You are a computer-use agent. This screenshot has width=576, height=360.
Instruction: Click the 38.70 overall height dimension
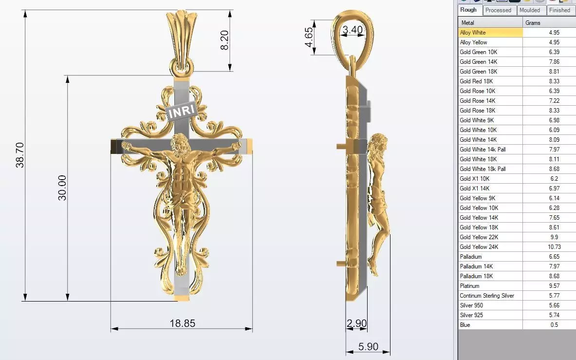click(20, 155)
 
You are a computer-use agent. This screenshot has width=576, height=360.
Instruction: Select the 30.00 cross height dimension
click(62, 188)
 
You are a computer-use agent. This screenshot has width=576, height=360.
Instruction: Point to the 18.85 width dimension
click(182, 323)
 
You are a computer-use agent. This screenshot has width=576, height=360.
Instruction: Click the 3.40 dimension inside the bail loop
click(353, 30)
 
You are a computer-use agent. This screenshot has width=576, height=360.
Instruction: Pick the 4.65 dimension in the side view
click(309, 37)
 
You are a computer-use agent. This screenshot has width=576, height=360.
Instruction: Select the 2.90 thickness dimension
click(356, 323)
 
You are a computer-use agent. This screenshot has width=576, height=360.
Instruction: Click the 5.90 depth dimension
click(368, 346)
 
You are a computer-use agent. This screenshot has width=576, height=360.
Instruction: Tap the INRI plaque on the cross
click(182, 112)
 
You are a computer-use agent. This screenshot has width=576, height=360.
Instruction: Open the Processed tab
click(499, 10)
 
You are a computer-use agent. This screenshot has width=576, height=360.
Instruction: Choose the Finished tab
click(559, 10)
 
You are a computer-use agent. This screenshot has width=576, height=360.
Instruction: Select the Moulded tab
click(529, 10)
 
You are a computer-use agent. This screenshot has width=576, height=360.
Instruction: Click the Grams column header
click(533, 23)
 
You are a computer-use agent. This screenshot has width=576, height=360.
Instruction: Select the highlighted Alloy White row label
click(473, 33)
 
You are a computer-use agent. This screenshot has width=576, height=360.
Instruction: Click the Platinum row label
click(469, 286)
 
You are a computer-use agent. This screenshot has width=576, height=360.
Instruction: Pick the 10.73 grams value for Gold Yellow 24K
click(554, 247)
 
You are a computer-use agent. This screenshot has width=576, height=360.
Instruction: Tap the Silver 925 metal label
click(471, 315)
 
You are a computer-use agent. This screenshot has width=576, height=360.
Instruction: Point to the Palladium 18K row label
click(476, 276)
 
